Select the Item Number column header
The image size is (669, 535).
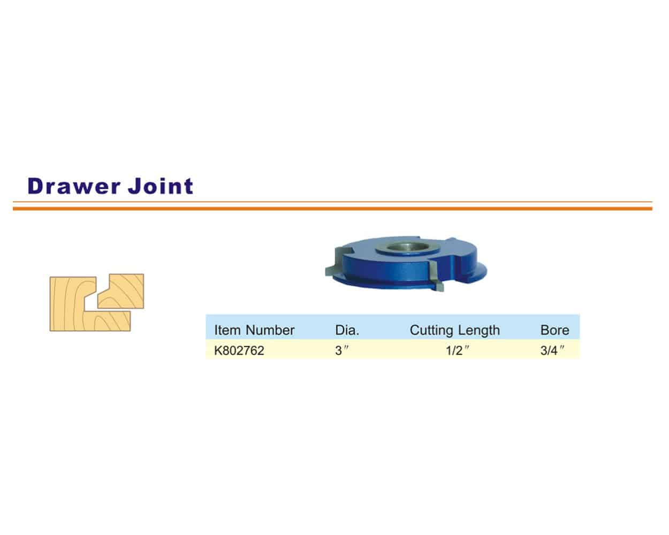254,330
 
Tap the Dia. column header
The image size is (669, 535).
347,330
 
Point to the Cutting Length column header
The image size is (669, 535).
454,330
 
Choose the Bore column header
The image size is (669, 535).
554,330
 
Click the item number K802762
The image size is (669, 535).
239,351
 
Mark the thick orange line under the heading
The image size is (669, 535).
332,208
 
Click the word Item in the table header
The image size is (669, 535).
227,330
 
